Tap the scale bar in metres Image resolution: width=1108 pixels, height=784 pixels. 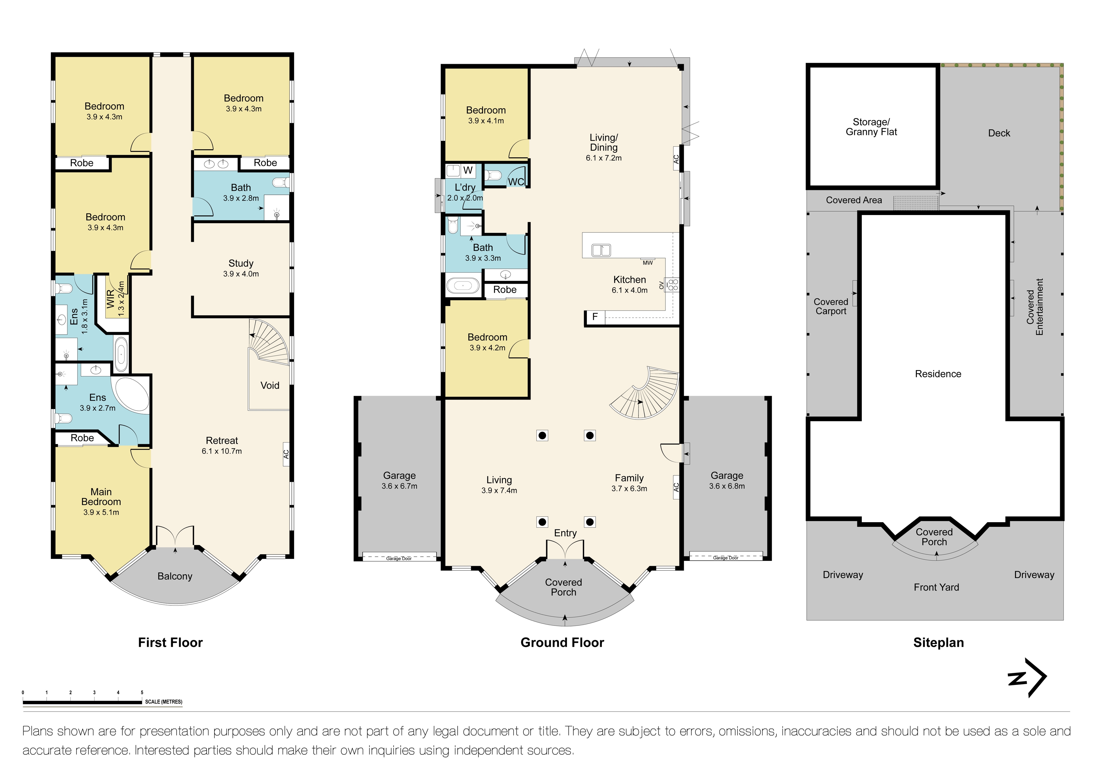point(102,699)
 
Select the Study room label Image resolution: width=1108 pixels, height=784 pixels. point(241,268)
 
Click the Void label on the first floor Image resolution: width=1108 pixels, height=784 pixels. point(270,385)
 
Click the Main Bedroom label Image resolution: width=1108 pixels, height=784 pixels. point(101,502)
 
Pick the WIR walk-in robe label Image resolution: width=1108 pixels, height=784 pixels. point(115,299)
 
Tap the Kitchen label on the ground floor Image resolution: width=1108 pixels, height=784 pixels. point(630,284)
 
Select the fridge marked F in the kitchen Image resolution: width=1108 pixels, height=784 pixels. point(595,317)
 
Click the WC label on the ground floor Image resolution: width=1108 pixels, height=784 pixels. point(516,182)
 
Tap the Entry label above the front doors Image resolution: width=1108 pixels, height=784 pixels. point(565,533)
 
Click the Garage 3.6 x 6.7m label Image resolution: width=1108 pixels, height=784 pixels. point(400,480)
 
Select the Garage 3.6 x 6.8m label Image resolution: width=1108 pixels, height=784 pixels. point(727,480)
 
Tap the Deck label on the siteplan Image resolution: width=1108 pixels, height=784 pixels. point(999,133)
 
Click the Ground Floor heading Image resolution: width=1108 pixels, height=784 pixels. point(562,643)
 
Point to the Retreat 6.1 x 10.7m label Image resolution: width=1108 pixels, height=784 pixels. point(222,445)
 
